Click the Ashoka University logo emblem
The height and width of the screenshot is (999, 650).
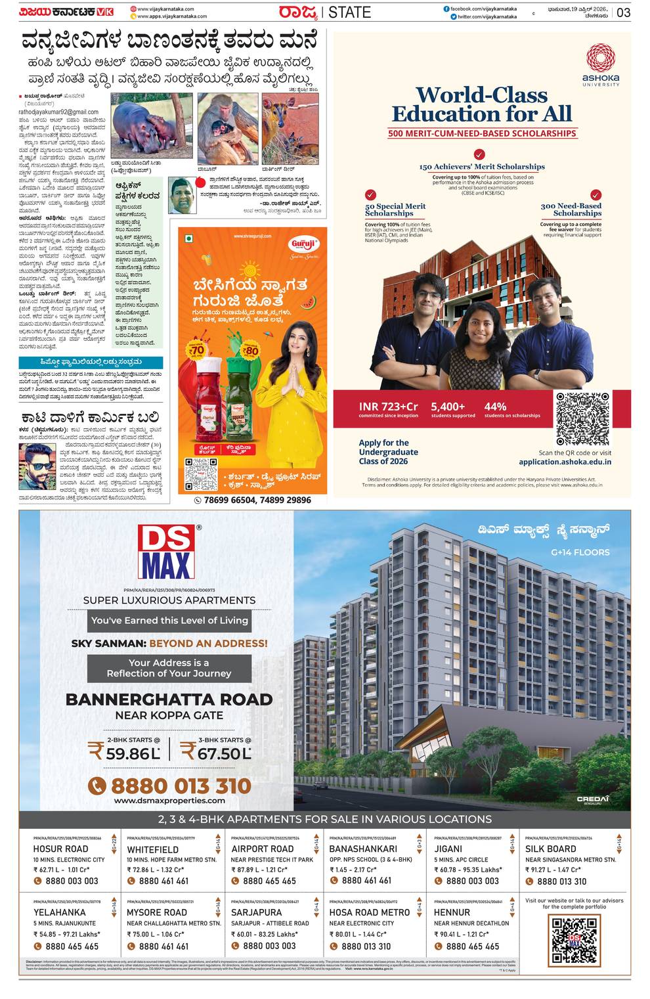[x=600, y=58]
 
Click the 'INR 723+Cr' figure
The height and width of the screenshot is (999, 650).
[x=388, y=407]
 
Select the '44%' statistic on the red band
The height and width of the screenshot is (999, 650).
[x=495, y=407]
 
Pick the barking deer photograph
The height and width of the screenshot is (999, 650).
[x=290, y=129]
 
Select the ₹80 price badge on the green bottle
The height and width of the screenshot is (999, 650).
[x=251, y=349]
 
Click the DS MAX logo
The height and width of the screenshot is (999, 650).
[x=166, y=552]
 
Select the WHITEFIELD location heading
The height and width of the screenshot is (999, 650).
[x=153, y=849]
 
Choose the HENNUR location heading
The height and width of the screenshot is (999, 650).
[x=452, y=912]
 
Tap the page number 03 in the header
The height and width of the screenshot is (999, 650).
[x=623, y=12]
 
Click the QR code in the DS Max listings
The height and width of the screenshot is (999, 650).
[x=574, y=939]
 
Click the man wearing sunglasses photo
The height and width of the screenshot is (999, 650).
[x=37, y=465]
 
